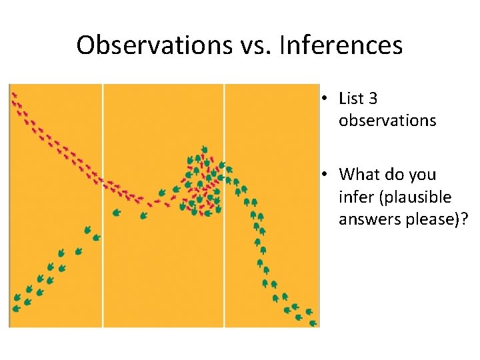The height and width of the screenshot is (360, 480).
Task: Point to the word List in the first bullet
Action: click(351, 99)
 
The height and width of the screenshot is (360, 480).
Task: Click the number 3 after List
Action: click(373, 99)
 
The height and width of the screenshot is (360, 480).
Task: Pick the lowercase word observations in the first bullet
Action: click(387, 121)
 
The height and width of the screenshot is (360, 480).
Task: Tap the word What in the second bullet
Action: click(360, 175)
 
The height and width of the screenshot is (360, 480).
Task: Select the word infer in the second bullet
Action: click(353, 197)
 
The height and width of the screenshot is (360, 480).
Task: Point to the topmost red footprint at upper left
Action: click(13, 95)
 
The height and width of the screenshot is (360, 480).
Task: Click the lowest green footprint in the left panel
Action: click(17, 308)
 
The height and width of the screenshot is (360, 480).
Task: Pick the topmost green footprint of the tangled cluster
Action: click(204, 149)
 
